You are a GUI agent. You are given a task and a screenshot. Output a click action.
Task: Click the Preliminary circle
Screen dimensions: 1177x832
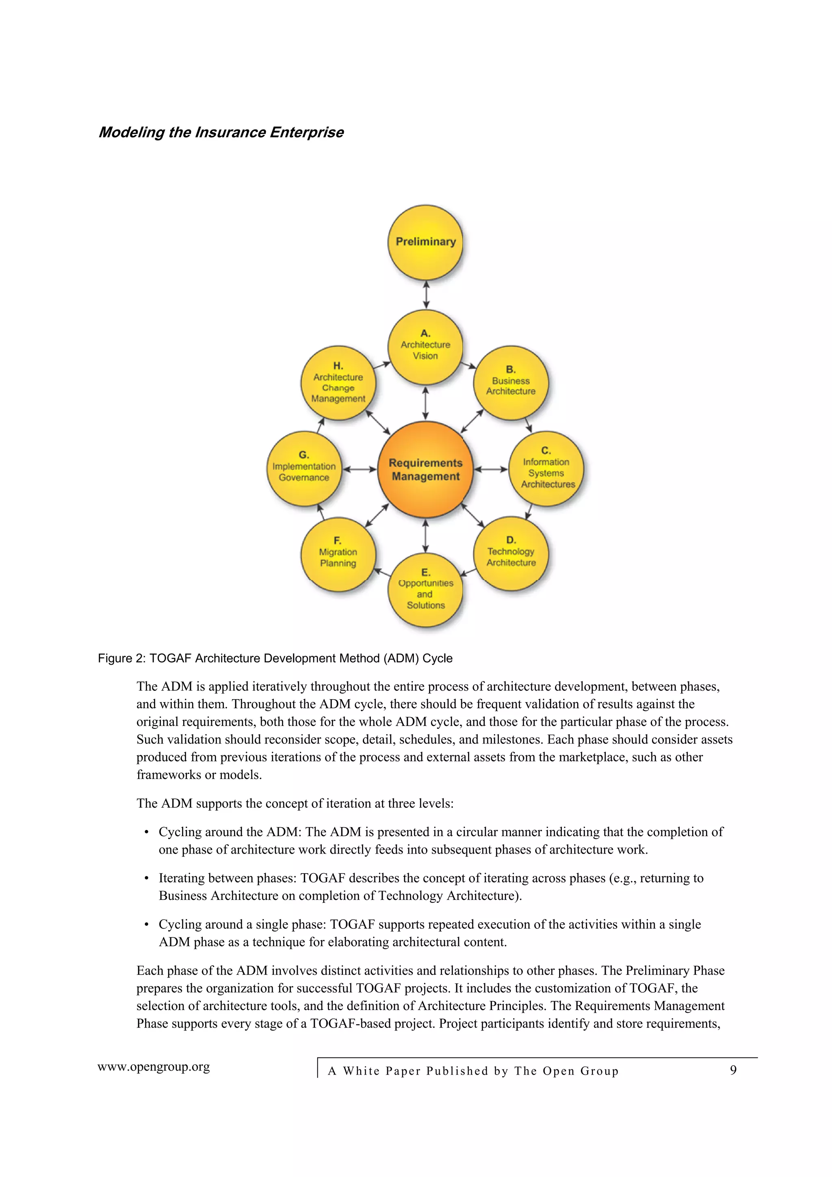point(425,243)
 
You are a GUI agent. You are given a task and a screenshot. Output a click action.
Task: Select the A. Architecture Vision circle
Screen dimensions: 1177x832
point(425,347)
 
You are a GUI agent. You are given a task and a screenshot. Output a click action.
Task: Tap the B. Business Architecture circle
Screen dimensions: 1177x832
point(511,382)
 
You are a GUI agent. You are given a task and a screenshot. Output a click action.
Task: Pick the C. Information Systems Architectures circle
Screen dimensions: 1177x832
point(546,468)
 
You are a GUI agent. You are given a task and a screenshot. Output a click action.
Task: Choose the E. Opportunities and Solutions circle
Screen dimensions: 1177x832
point(425,590)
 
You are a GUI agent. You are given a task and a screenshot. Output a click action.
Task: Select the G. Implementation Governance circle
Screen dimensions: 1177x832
point(304,468)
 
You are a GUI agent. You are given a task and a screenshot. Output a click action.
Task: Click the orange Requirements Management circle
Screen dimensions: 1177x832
point(425,470)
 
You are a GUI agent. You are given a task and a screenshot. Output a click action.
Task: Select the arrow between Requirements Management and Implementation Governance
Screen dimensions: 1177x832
point(360,469)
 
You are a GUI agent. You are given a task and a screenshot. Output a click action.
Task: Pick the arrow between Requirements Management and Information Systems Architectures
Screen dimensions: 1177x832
point(491,469)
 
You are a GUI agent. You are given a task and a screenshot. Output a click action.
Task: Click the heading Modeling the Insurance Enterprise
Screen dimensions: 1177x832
point(221,132)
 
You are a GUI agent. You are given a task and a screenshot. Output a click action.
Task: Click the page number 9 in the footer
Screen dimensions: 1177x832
point(733,1070)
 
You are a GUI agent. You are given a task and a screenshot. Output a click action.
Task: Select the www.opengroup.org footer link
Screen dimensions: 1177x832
point(154,1067)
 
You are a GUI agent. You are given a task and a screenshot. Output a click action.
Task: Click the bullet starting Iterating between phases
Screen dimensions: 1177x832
point(431,887)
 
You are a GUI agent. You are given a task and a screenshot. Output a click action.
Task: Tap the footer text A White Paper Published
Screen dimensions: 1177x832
point(472,1071)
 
